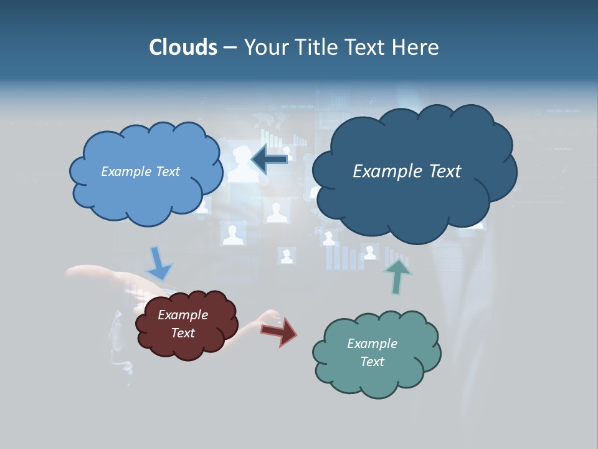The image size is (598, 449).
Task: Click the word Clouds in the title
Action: point(183,47)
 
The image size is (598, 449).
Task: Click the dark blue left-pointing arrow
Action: point(269,159)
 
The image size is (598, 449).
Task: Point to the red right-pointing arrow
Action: point(280,331)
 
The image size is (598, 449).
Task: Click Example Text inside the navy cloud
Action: point(407,171)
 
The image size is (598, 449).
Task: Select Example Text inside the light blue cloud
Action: point(140,171)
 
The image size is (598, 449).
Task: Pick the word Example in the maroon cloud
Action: point(183,315)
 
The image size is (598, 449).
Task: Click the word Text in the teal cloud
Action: point(372,362)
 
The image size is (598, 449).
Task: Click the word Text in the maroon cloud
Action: point(183,333)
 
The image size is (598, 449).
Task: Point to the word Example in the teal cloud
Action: point(372,344)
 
